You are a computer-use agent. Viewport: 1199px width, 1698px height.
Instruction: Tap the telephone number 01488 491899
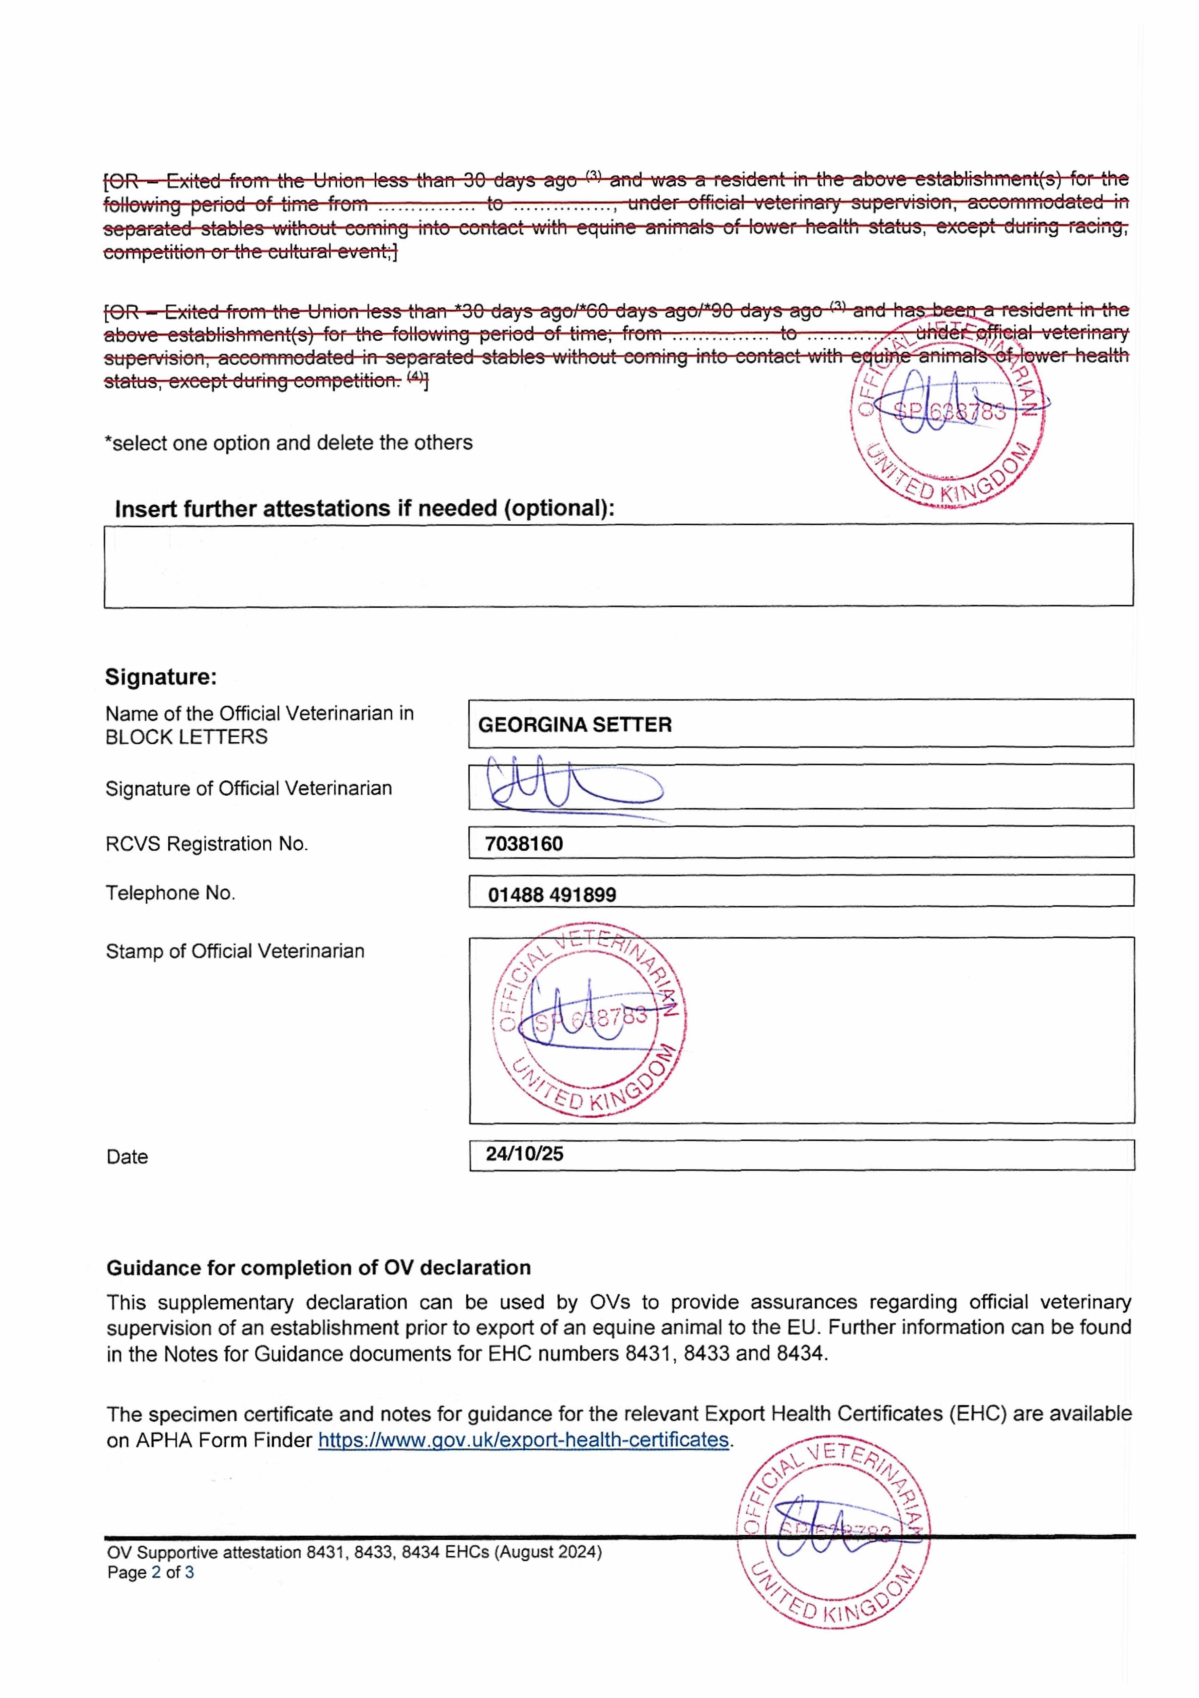[551, 895]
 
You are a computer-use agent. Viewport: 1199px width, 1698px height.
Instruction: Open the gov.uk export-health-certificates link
[523, 1440]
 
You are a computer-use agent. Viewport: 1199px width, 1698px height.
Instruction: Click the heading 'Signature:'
[161, 677]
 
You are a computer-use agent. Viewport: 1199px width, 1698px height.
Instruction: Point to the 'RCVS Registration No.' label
[206, 844]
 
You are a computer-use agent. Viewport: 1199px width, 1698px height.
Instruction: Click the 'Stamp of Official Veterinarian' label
[235, 951]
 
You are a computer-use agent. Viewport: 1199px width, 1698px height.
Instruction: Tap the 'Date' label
[127, 1157]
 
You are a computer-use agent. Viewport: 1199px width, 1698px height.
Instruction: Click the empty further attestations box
[618, 566]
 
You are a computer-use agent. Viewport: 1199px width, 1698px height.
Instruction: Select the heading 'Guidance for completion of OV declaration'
[319, 1268]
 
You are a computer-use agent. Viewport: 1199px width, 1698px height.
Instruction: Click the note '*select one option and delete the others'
[288, 443]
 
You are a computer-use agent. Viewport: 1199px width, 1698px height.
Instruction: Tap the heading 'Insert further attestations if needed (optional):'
[364, 509]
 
